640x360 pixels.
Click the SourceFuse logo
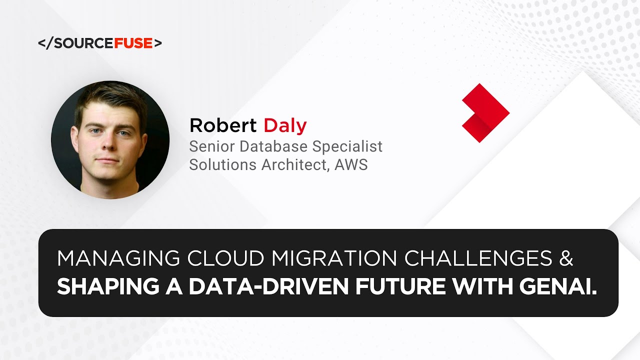100,43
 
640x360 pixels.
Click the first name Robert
223,125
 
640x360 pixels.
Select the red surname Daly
285,125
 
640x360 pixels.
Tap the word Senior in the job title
212,146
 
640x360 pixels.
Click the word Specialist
347,146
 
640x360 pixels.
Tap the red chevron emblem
484,113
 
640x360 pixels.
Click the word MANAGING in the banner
119,258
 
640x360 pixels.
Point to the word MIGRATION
333,258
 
